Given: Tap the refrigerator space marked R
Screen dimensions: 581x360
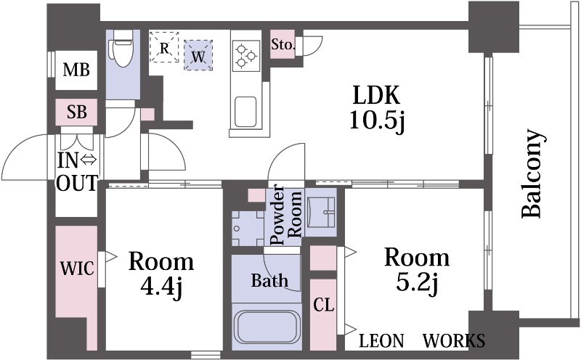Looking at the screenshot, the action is [164, 47].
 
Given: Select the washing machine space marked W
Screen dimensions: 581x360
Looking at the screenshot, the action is [198, 55].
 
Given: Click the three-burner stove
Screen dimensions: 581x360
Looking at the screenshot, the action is [246, 56].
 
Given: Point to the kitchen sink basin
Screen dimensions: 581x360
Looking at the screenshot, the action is [245, 112].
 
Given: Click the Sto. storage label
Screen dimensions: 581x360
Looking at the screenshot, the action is [283, 44].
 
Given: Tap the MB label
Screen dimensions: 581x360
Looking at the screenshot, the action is [76, 70].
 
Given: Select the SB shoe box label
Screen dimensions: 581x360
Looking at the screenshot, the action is [77, 112].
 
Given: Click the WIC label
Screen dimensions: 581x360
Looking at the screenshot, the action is [77, 268].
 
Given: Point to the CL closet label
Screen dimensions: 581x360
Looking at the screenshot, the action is [323, 305].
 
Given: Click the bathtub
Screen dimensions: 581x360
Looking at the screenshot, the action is [266, 327].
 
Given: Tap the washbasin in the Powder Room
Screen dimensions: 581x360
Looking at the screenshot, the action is [321, 211].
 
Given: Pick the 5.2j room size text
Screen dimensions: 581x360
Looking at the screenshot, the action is [417, 283].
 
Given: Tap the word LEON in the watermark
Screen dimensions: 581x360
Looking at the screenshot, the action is [382, 340].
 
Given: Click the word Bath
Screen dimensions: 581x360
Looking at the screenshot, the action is [269, 280].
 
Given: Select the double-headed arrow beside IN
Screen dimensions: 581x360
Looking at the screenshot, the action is [89, 160].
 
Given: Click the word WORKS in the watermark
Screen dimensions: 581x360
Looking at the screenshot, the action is [454, 340].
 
